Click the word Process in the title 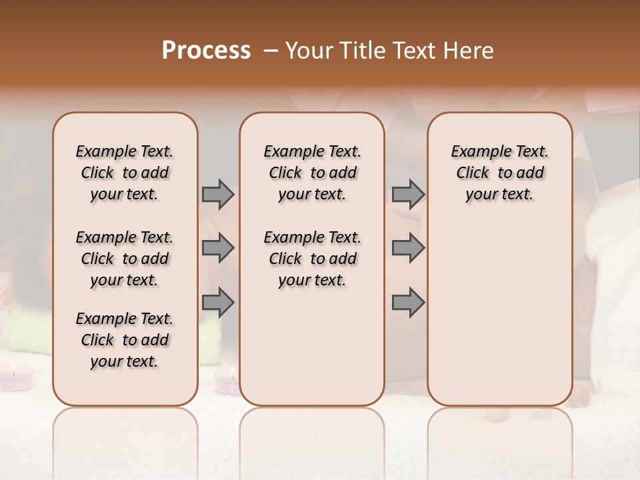click(206, 51)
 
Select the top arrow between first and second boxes click(217, 194)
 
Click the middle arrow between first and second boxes click(217, 248)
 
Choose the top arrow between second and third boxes click(408, 194)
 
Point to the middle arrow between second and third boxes click(408, 248)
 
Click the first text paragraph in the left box click(125, 173)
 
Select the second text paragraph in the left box click(125, 259)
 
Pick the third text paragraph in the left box click(125, 340)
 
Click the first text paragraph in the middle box click(313, 173)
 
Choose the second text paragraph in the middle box click(313, 259)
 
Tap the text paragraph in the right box click(500, 173)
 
